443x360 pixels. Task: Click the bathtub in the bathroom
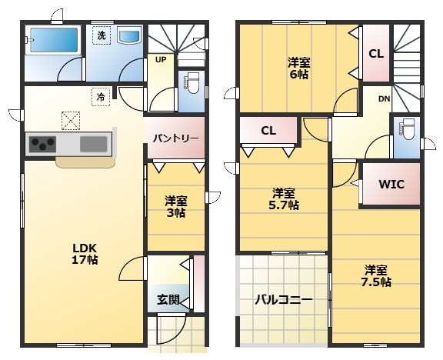(53, 40)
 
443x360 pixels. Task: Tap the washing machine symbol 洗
(102, 35)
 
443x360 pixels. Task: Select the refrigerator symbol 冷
(101, 97)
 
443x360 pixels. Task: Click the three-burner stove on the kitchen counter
(43, 144)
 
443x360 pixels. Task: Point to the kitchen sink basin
(94, 144)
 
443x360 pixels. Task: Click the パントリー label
(175, 138)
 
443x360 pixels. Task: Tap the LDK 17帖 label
(85, 254)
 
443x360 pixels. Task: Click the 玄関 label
(168, 300)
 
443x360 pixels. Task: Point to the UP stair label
(161, 60)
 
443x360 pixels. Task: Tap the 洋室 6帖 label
(299, 68)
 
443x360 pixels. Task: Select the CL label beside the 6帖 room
(376, 54)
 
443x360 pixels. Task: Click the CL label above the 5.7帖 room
(268, 131)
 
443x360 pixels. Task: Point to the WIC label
(391, 185)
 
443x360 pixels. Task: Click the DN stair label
(385, 99)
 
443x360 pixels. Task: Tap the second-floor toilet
(408, 129)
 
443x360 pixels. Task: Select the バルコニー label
(284, 299)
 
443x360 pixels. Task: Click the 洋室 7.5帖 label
(376, 276)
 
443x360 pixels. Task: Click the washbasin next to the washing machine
(129, 35)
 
